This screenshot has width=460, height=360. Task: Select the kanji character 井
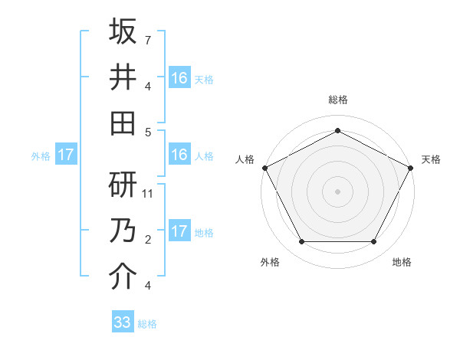pyautogui.click(x=123, y=77)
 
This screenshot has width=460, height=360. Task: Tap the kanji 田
pyautogui.click(x=123, y=123)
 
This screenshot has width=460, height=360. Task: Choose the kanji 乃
pyautogui.click(x=123, y=231)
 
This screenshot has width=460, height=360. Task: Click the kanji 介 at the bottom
pyautogui.click(x=123, y=277)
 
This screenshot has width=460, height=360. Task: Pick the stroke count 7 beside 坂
pyautogui.click(x=148, y=39)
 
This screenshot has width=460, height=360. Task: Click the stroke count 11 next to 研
pyautogui.click(x=149, y=194)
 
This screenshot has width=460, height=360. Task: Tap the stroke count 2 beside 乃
pyautogui.click(x=148, y=240)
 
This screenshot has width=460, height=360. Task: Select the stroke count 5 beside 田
pyautogui.click(x=148, y=131)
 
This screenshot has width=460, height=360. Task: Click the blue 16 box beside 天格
pyautogui.click(x=179, y=77)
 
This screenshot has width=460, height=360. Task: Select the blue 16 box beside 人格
pyautogui.click(x=179, y=155)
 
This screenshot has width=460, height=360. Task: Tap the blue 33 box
pyautogui.click(x=122, y=322)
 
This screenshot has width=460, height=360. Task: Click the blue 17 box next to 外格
pyautogui.click(x=66, y=155)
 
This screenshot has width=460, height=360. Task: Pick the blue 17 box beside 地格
pyautogui.click(x=179, y=231)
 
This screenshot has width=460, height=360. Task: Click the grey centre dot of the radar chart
pyautogui.click(x=337, y=191)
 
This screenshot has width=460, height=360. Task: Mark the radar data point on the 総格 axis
pyautogui.click(x=337, y=130)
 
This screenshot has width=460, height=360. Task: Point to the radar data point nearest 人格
pyautogui.click(x=264, y=167)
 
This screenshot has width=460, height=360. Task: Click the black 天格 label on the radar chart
pyautogui.click(x=431, y=159)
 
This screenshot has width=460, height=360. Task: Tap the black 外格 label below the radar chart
pyautogui.click(x=270, y=263)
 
